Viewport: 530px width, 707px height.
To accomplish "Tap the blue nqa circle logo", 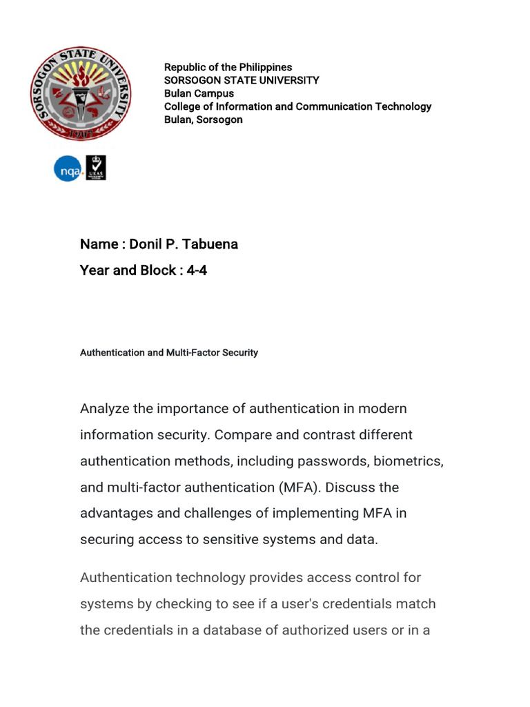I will coord(68,168).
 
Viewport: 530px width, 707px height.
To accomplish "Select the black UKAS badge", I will coord(96,168).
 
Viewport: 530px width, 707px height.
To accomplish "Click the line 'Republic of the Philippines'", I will coord(228,67).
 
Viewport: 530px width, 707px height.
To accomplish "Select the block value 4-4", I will coord(197,270).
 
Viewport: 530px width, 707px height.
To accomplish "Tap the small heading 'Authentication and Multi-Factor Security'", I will coord(169,353).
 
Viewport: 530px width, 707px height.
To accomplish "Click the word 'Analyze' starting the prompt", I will coord(104,409).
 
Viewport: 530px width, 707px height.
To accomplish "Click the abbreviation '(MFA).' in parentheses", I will coord(300,487).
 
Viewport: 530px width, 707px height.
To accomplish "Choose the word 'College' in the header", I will coord(183,106).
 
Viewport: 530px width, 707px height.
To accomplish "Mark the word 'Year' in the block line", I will coord(95,270).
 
